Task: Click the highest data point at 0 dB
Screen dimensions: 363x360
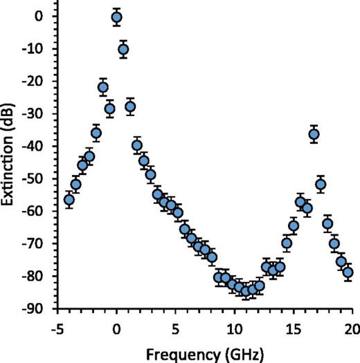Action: [x=116, y=17]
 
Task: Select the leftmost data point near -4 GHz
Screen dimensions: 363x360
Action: [x=69, y=200]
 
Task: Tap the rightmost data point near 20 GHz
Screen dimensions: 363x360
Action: [x=348, y=272]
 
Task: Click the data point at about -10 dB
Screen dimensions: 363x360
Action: [x=123, y=49]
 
